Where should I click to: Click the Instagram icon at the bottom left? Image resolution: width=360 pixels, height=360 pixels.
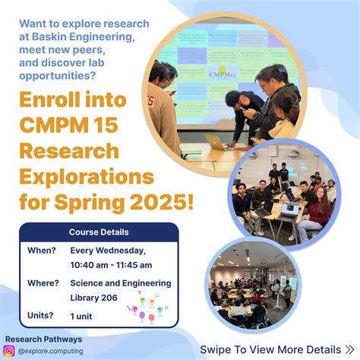(x=9, y=351)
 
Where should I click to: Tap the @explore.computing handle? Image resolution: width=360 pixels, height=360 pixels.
(x=51, y=351)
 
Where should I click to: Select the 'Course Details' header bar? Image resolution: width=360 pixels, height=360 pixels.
(x=99, y=232)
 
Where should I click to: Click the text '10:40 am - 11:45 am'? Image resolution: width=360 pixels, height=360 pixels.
(x=111, y=264)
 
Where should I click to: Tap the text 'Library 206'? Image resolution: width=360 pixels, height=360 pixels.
(x=94, y=297)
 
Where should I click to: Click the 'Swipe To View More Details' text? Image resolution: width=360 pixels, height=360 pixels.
(x=270, y=349)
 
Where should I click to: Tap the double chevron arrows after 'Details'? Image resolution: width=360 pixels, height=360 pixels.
(x=349, y=349)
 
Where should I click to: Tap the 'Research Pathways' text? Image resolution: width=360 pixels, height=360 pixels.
(x=43, y=339)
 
